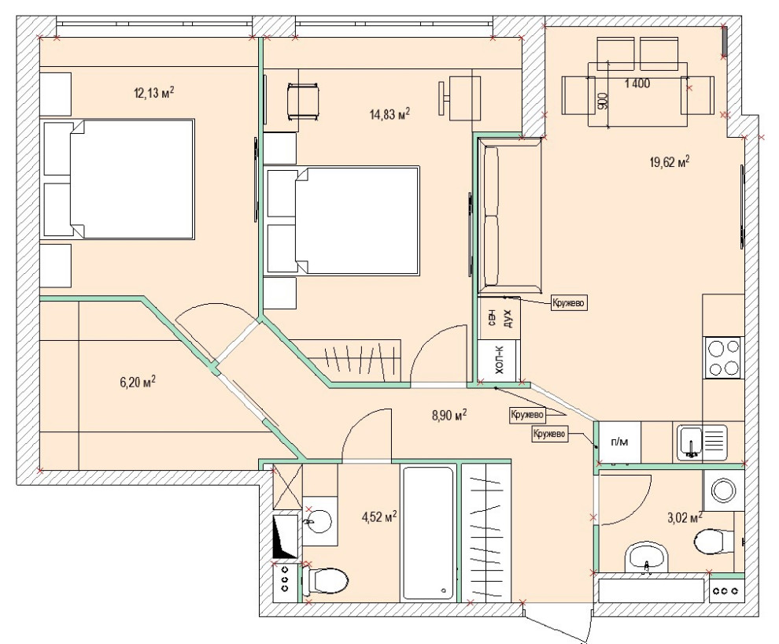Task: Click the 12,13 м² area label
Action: click(x=154, y=92)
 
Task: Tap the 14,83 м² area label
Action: click(x=389, y=114)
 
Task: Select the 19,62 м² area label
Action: click(x=670, y=161)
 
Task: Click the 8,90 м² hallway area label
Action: click(x=449, y=414)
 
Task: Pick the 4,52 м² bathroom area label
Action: click(x=379, y=516)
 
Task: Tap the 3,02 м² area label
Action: click(x=685, y=518)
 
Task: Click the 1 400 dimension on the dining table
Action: click(x=637, y=83)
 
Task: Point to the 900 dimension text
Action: click(x=602, y=101)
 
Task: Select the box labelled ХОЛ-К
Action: click(x=499, y=361)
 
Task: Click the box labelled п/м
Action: click(x=619, y=442)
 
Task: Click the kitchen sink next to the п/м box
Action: click(x=702, y=442)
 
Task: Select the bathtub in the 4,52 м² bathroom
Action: click(x=427, y=533)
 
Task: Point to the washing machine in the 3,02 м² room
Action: click(x=723, y=491)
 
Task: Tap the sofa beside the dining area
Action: click(x=509, y=217)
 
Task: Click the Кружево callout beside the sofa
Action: click(x=569, y=302)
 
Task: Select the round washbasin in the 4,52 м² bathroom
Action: click(x=318, y=522)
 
